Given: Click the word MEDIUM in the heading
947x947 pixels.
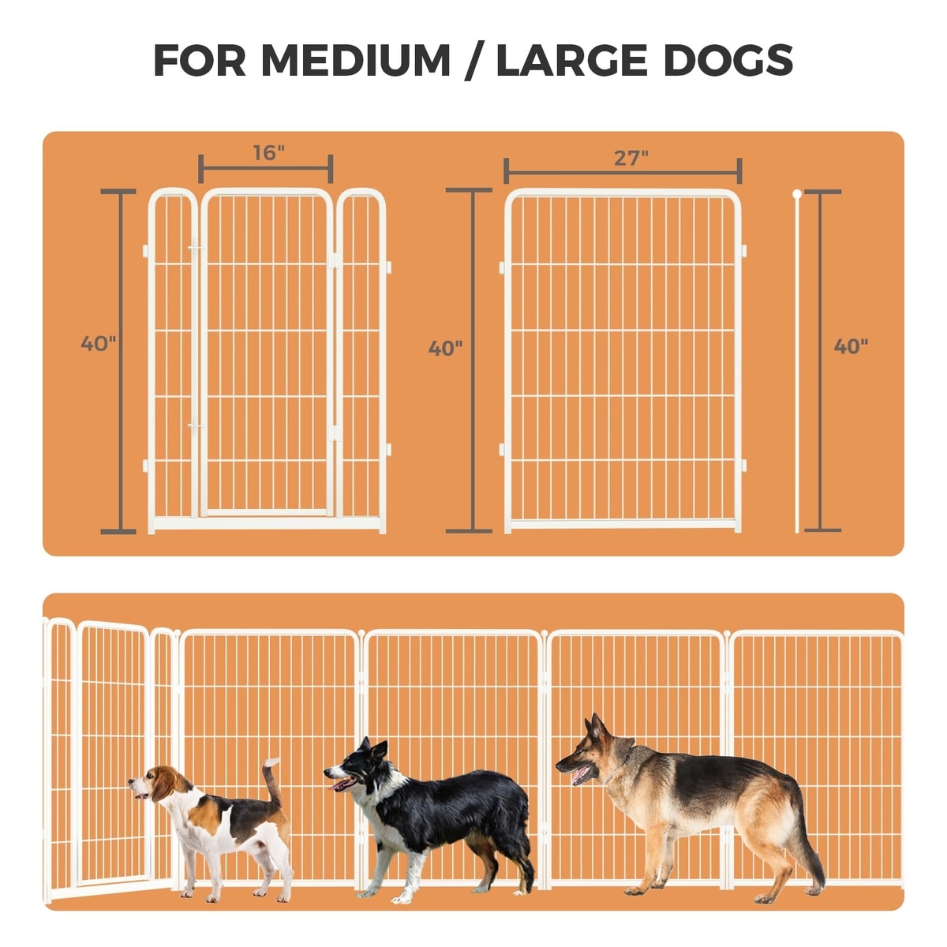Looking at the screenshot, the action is pos(355,61).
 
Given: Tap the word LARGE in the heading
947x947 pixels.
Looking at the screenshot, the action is pos(571,61).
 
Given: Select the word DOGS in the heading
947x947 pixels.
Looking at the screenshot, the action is pos(728,61).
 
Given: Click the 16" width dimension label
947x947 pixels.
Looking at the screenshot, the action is pos(269,153).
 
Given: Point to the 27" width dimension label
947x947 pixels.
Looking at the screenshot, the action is pos(631,159).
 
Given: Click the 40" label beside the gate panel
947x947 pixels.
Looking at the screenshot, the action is pos(99,343).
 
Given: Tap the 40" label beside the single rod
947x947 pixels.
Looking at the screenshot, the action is pos(851,346).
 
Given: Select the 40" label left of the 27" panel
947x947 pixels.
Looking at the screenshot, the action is pos(445,349).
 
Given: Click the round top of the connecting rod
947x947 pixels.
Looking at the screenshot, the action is pos(797,194).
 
